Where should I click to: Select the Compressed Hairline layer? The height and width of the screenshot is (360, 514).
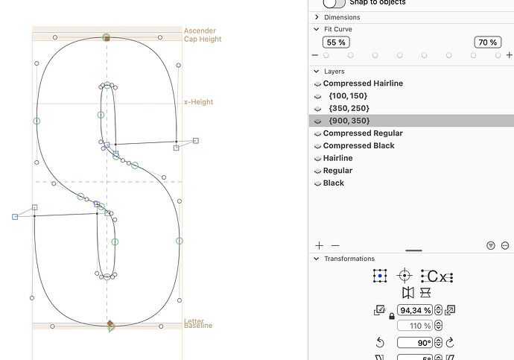click(x=363, y=83)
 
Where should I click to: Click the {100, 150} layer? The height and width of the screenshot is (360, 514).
click(x=348, y=96)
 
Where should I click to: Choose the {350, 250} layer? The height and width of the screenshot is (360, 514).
click(x=348, y=108)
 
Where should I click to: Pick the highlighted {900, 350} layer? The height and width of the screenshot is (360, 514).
click(x=349, y=121)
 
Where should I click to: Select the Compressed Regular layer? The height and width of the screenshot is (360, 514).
click(x=363, y=133)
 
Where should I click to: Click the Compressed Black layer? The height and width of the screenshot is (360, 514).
click(x=358, y=145)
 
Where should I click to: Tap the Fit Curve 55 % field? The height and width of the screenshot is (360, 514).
click(x=336, y=42)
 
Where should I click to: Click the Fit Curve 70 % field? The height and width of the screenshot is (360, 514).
click(x=488, y=42)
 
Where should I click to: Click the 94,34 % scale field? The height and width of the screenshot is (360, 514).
click(x=416, y=310)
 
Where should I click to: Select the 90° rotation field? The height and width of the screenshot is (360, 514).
click(x=416, y=343)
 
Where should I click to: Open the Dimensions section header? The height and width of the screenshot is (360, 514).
click(x=342, y=17)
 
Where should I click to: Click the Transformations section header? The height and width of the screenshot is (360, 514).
click(x=349, y=259)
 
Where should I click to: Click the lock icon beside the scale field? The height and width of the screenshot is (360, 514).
click(x=392, y=317)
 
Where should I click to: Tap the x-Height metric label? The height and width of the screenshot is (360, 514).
click(x=199, y=102)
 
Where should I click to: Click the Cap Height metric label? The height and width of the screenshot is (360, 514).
click(x=203, y=40)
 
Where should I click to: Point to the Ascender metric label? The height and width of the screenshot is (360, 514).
click(x=200, y=31)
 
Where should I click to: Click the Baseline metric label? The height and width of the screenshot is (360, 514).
click(x=198, y=326)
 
